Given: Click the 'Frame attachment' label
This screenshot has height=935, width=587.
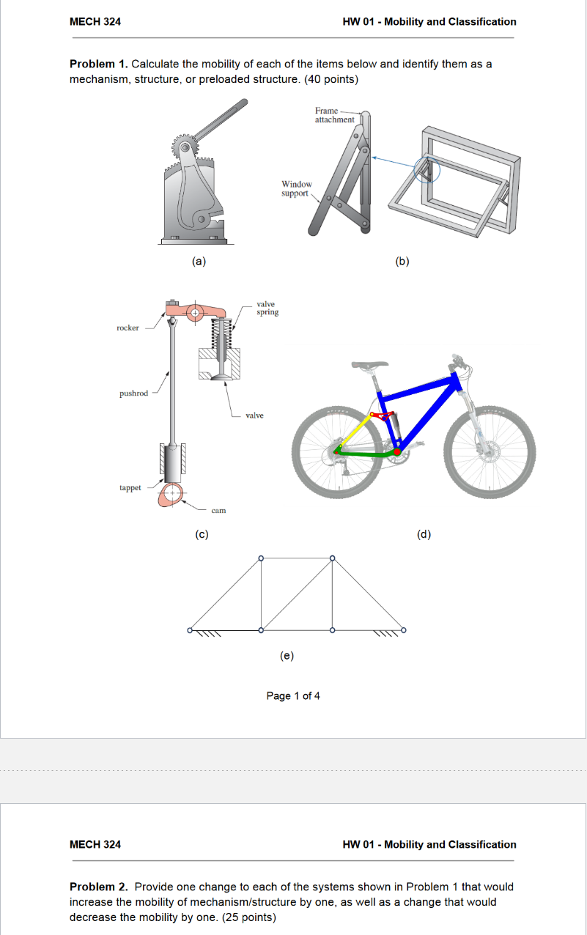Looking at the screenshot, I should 334,115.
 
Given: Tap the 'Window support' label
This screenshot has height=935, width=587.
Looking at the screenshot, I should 296,188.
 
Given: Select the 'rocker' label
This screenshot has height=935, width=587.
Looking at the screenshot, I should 128,328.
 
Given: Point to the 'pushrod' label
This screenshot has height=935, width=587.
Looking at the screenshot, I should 133,393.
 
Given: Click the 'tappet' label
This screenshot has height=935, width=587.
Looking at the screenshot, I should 130,487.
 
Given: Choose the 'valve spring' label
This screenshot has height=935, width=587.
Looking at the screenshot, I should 267,308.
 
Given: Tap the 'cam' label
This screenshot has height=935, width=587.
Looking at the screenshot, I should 218,510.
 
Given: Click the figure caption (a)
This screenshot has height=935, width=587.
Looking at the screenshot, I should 198,260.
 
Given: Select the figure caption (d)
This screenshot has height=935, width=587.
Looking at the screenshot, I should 424,534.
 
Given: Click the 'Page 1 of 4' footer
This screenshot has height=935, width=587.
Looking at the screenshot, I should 293,695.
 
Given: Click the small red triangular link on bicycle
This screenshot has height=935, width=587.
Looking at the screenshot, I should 380,417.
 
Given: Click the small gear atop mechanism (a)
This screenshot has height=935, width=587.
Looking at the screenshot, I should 185,144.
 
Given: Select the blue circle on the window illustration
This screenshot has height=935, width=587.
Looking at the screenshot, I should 426,169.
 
